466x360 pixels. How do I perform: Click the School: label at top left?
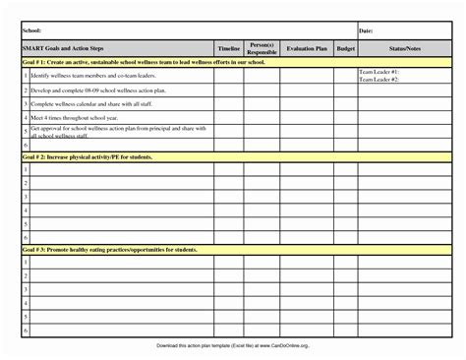30,31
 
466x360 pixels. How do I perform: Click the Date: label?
366,31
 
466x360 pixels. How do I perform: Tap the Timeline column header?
228,48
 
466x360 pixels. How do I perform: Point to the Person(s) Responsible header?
262,48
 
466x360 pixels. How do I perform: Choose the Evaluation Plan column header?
306,48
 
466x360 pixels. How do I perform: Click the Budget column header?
345,48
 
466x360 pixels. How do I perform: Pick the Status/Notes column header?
404,48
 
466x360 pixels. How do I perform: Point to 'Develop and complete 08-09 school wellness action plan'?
89,89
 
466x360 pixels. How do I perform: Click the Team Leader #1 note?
379,72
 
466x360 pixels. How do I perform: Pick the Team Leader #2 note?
379,79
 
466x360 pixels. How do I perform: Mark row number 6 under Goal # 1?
25,144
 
